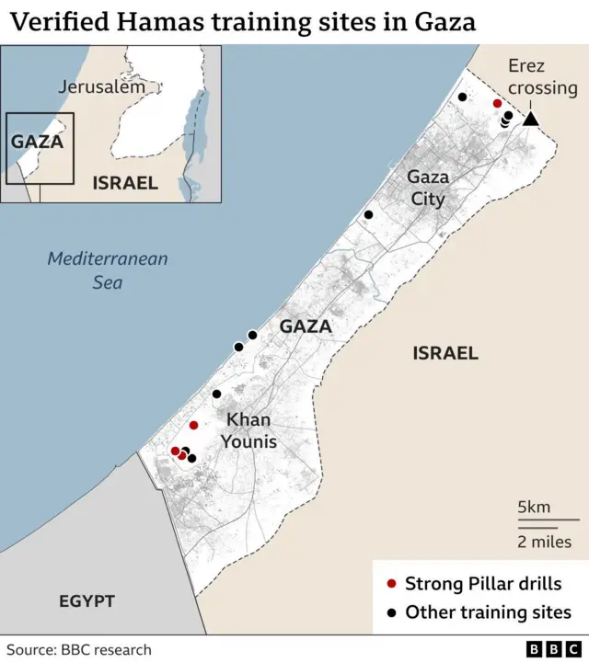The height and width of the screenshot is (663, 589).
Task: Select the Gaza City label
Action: point(427,188)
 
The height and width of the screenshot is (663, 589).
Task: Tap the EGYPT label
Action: point(87,601)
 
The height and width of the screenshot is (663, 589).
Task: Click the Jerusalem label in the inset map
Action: point(101,87)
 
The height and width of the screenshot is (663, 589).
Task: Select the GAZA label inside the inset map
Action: point(37,142)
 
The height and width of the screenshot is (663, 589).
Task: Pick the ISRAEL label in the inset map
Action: point(125,183)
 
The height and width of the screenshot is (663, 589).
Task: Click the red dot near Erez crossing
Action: point(497,104)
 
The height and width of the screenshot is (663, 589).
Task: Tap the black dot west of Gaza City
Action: point(368,214)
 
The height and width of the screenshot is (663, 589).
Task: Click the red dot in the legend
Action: point(391,584)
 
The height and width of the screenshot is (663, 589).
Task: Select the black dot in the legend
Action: point(391,612)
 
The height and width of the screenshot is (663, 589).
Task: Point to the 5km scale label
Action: point(534,507)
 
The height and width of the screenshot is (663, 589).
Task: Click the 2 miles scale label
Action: point(544,542)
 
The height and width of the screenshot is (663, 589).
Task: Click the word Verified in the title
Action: point(50,20)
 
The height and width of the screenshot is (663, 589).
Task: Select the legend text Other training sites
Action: point(488,612)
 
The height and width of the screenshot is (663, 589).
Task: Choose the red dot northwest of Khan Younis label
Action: point(193,425)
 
